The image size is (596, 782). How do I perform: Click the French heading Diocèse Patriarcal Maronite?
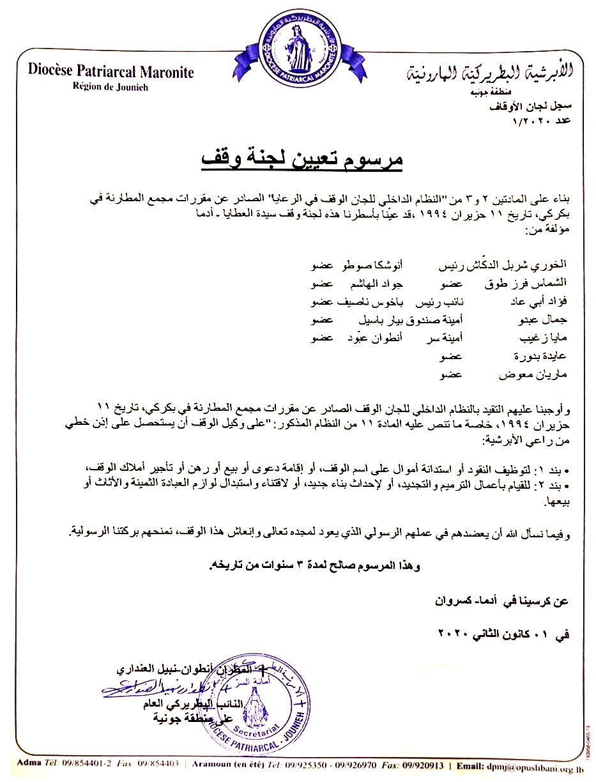(111, 71)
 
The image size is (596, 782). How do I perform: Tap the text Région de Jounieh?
(111, 87)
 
